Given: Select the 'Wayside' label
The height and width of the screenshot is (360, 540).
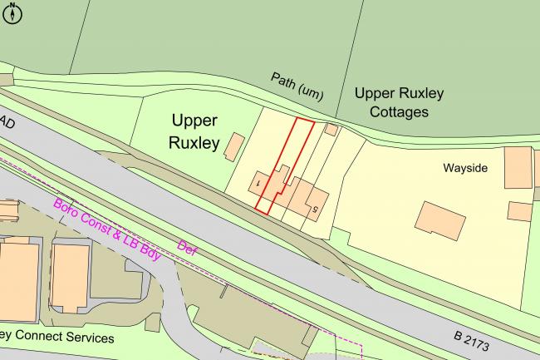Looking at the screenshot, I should [x=464, y=168].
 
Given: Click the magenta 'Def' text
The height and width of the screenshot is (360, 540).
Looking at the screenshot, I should [x=188, y=247].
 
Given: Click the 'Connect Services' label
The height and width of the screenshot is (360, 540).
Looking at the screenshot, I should [x=58, y=338].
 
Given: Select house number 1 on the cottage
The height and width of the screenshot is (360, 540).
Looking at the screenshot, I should [x=259, y=180].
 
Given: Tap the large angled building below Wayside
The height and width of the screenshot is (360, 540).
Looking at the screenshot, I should [x=440, y=218].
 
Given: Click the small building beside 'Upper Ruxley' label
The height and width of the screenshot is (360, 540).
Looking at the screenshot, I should [x=235, y=146].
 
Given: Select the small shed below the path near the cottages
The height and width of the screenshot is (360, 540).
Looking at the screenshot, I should [x=331, y=130].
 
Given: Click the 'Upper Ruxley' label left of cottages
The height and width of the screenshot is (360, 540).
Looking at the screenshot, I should [x=194, y=131].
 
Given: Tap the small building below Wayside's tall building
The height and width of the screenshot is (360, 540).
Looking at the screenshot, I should [x=519, y=211].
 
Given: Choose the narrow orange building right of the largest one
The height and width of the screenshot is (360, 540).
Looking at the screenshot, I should [x=71, y=274].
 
